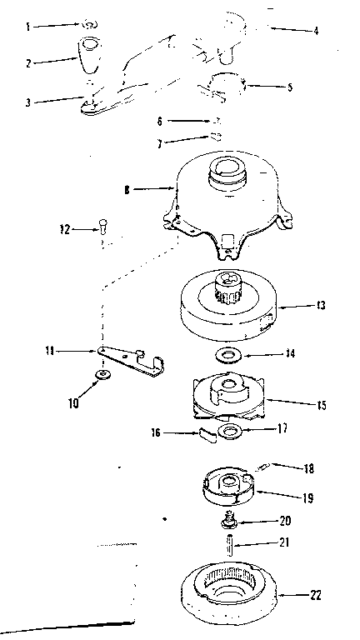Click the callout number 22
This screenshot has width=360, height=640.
pyautogui.click(x=316, y=595)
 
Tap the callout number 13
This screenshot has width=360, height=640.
pyautogui.click(x=321, y=305)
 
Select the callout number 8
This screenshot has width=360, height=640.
pyautogui.click(x=127, y=190)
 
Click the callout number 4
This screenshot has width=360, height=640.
pyautogui.click(x=316, y=30)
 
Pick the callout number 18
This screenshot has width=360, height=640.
pyautogui.click(x=309, y=468)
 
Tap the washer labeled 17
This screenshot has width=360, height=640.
pyautogui.click(x=231, y=432)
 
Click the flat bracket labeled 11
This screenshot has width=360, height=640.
pyautogui.click(x=131, y=361)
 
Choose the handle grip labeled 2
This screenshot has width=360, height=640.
pyautogui.click(x=90, y=55)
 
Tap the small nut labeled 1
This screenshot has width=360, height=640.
pyautogui.click(x=90, y=25)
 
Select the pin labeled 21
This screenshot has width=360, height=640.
pyautogui.click(x=230, y=544)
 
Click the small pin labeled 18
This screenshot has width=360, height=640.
pyautogui.click(x=262, y=467)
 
